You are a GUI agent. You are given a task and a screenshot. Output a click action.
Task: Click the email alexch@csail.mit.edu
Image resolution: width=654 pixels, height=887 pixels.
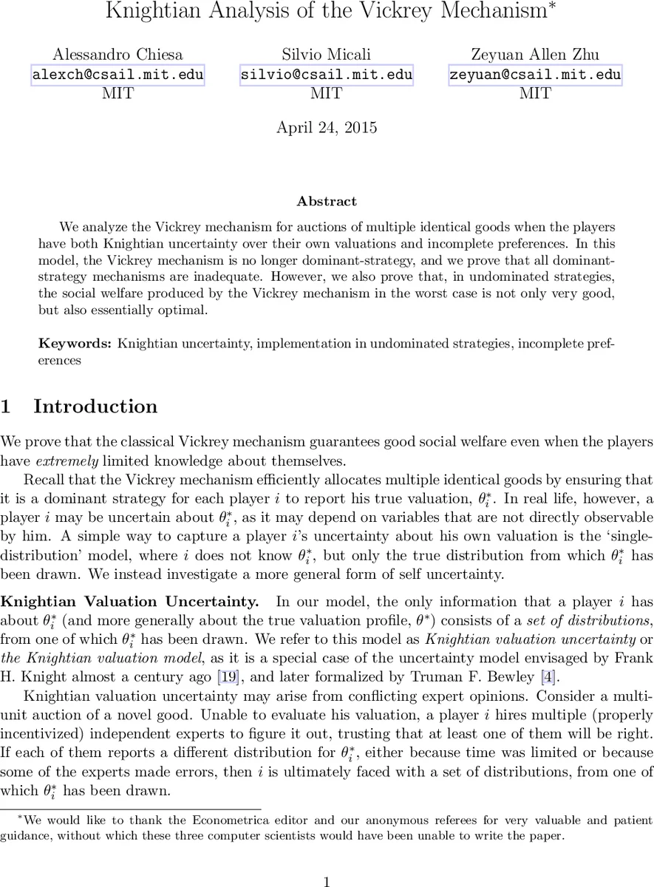(x=117, y=75)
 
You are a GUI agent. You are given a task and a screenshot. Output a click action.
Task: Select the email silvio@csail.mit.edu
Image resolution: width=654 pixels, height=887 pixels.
(x=327, y=75)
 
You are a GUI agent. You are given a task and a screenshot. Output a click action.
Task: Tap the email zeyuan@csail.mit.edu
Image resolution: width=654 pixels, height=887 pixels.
(x=536, y=75)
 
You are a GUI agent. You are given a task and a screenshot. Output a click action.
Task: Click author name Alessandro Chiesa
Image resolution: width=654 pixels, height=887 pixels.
(x=117, y=55)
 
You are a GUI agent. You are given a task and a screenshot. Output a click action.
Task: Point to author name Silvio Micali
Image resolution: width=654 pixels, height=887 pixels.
(x=327, y=55)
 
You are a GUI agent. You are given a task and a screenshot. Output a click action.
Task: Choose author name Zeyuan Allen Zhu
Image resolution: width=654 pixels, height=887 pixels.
(x=536, y=55)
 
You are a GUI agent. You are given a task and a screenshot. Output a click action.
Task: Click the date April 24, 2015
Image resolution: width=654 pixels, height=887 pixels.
(x=327, y=127)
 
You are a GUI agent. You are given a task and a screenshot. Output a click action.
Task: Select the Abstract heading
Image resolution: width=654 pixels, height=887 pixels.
(x=327, y=201)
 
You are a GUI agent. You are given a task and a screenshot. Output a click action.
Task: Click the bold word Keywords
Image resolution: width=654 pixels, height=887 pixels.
(x=75, y=343)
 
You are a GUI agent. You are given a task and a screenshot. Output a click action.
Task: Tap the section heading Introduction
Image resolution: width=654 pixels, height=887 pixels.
(x=95, y=407)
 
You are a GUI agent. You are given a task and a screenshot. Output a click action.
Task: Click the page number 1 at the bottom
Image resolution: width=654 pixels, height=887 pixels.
(x=327, y=880)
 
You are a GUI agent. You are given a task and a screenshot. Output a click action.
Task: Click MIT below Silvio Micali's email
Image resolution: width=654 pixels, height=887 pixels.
(x=327, y=94)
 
